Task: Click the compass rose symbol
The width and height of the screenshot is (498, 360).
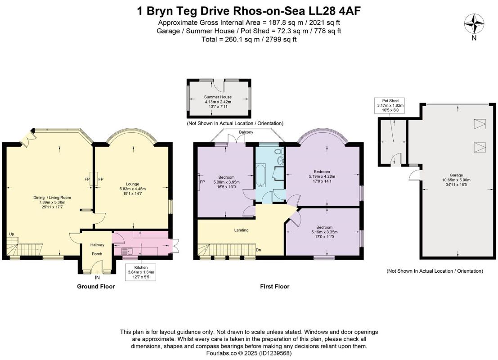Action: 474,24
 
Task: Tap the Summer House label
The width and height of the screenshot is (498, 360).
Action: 218,97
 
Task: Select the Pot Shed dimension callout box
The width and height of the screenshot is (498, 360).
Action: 390,105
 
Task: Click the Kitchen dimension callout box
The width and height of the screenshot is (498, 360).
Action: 141,272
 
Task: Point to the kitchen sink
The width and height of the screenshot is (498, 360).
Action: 127,252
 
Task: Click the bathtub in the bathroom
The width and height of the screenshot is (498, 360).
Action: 260,175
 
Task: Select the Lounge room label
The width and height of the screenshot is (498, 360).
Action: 132,184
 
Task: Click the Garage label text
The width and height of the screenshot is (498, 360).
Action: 456,175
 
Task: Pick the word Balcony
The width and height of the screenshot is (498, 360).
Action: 246,132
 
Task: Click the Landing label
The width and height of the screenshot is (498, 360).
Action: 242,230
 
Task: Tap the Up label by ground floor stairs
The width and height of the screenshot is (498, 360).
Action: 11,234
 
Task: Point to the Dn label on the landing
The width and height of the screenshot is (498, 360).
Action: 259,250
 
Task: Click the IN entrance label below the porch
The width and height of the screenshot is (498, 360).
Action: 97,277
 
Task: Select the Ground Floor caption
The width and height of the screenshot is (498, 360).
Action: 96,286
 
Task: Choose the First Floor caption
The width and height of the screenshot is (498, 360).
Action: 275,286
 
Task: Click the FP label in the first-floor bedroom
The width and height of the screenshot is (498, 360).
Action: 202,182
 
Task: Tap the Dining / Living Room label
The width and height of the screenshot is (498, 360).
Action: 52,198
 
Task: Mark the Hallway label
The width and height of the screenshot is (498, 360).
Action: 97,245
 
